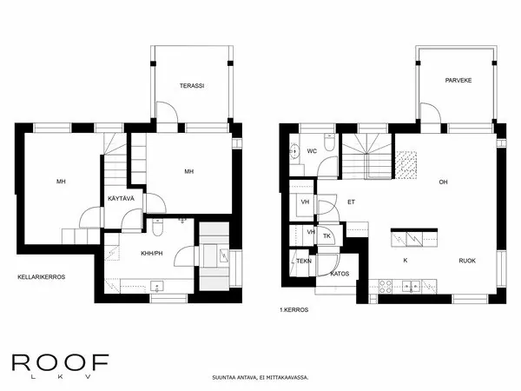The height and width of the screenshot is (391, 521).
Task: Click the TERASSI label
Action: tap(191, 86)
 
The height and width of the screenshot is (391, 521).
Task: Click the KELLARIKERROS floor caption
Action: tap(42, 276)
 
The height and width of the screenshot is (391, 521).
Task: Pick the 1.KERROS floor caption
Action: tap(294, 309)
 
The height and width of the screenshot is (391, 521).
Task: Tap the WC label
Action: tap(311, 150)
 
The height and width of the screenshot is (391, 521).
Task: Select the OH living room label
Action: tap(442, 182)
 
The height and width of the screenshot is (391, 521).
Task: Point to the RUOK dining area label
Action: tap(467, 260)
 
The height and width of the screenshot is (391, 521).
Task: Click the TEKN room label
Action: tap(304, 261)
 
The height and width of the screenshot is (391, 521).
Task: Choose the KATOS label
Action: tap(340, 274)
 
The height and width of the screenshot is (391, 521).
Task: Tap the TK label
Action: tap(327, 235)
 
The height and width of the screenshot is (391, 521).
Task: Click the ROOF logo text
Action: tap(60, 361)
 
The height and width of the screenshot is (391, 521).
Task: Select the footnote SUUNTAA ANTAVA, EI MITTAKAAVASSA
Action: tap(260, 378)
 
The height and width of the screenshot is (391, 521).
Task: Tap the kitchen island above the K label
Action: tap(408, 238)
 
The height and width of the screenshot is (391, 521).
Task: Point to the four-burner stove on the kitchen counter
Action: tap(386, 284)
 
